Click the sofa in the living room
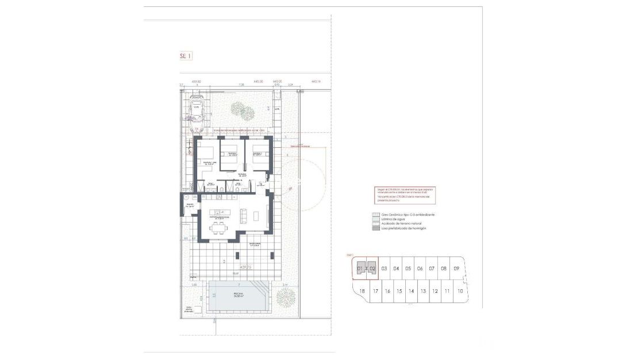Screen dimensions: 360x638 [243, 215]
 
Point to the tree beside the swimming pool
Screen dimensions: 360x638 [285, 297]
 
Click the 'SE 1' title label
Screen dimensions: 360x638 [185, 56]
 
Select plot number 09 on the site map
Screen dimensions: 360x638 [456, 269]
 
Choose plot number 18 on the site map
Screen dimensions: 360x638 [362, 291]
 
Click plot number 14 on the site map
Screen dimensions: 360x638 [411, 291]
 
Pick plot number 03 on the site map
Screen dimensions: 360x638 [384, 269]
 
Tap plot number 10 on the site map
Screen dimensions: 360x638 [460, 291]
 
